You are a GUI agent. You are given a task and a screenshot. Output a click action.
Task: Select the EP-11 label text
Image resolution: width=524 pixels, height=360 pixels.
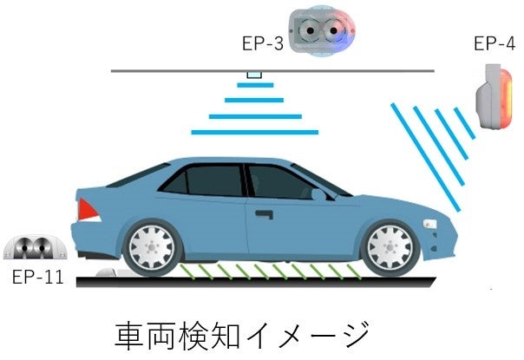click(35, 278)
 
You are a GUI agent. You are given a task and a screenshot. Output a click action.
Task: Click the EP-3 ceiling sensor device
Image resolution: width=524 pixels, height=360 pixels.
click(322, 33)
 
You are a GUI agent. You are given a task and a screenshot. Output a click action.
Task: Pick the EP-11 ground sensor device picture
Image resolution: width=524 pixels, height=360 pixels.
click(35, 248)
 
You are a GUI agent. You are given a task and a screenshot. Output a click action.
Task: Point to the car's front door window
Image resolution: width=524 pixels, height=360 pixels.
click(279, 182)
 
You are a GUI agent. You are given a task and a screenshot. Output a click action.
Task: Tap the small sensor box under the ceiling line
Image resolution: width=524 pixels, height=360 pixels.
click(253, 75)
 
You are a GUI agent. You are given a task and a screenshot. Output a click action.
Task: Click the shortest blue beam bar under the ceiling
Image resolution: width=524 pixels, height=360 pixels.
click(253, 85)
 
